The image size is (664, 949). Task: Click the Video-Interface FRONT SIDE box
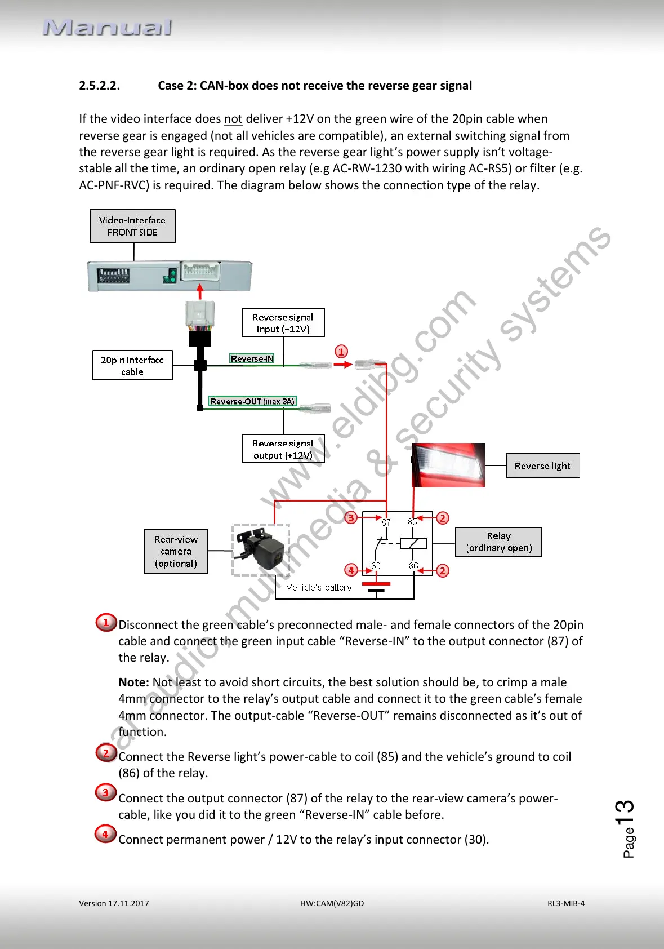tap(132, 226)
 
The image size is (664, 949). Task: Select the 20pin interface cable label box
tap(132, 365)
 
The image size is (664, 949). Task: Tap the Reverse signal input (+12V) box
tap(283, 323)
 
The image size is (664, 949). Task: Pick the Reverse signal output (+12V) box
tap(283, 449)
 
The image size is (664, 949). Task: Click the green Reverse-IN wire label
tap(252, 358)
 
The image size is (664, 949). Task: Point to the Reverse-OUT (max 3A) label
tap(252, 401)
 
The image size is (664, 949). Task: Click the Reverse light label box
tap(542, 466)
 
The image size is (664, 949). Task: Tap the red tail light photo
tap(448, 465)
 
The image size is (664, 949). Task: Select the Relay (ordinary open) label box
tap(498, 542)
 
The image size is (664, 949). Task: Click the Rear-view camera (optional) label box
tap(176, 551)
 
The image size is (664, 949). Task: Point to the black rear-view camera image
tap(261, 549)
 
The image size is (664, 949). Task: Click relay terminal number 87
tap(386, 522)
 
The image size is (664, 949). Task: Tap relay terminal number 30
tap(376, 566)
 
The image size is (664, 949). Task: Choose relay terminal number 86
tap(413, 566)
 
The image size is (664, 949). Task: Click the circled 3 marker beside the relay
tap(351, 517)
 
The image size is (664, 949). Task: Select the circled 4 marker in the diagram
tap(351, 570)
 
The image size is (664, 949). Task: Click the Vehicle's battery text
tap(319, 587)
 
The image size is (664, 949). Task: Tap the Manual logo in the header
tap(108, 28)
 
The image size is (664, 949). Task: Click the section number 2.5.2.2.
tap(99, 86)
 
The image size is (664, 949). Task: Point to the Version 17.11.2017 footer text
tap(114, 903)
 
